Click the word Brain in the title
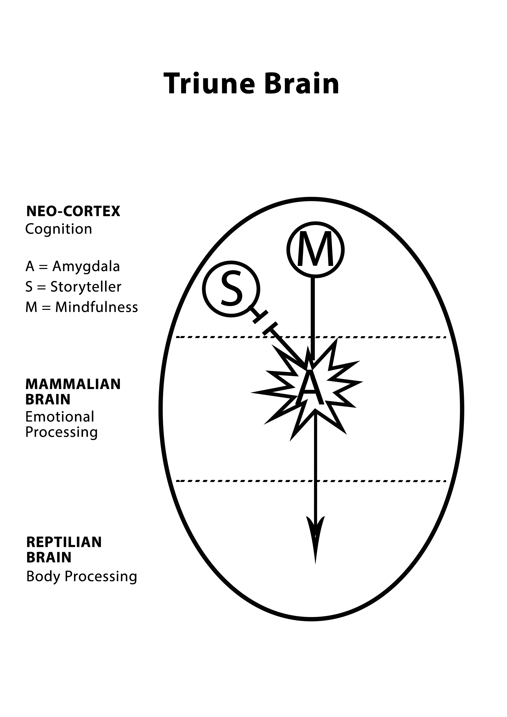302,84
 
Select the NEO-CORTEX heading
73,211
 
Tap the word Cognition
58,229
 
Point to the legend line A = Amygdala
73,266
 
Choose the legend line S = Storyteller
73,287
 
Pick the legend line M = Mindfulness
82,307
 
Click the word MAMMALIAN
73,384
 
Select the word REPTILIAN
64,542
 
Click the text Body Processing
82,576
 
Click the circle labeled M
315,250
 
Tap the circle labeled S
231,289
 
